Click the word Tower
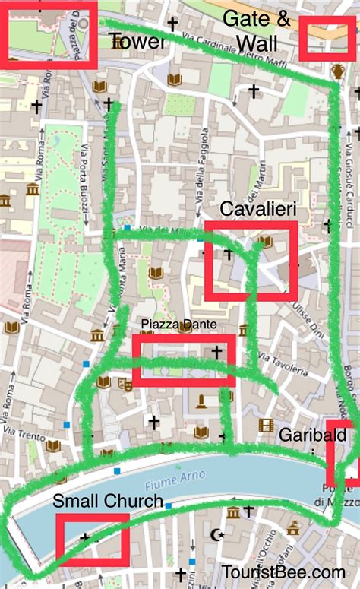(x=137, y=40)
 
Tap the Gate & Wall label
(x=257, y=31)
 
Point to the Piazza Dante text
(x=178, y=325)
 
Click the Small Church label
(x=108, y=501)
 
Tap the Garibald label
(x=306, y=435)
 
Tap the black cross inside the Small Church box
(x=84, y=537)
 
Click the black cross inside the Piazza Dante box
(x=216, y=352)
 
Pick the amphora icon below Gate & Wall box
(x=337, y=72)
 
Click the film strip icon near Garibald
(x=265, y=425)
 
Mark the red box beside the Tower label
(x=51, y=35)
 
